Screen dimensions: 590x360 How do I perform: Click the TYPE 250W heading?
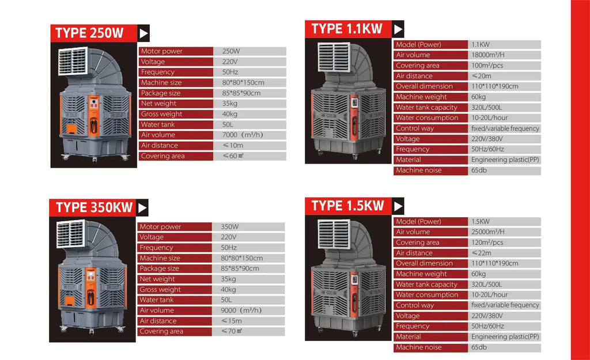click(89, 33)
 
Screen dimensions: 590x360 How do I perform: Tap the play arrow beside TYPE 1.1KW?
click(398, 29)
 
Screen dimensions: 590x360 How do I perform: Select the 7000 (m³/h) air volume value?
click(242, 135)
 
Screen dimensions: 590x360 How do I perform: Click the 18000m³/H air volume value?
click(487, 55)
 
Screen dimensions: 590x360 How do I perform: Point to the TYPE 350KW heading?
click(94, 207)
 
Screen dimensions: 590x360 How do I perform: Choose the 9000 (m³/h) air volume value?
click(241, 310)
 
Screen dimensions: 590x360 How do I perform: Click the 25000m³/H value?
click(487, 232)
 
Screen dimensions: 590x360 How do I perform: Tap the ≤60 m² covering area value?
click(233, 156)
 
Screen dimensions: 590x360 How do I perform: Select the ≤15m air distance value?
click(231, 321)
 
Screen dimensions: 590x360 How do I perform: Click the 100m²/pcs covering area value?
click(487, 66)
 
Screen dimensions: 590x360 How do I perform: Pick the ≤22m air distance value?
click(481, 253)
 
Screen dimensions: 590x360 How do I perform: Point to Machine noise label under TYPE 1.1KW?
click(418, 170)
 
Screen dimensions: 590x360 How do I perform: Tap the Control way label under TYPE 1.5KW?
click(415, 305)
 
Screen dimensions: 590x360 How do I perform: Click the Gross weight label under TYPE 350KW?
click(160, 290)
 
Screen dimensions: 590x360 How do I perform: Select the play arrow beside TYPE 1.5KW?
click(398, 206)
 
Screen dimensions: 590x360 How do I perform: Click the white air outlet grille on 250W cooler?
click(73, 61)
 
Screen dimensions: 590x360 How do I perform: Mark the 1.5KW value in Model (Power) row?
click(481, 222)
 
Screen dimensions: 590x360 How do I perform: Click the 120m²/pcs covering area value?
click(487, 242)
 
